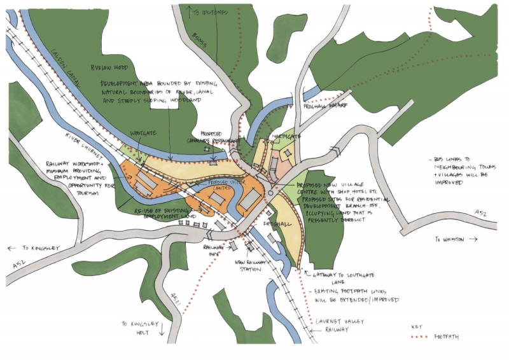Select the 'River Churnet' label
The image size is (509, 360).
[x=81, y=141]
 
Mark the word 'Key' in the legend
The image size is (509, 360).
[x=418, y=326]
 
